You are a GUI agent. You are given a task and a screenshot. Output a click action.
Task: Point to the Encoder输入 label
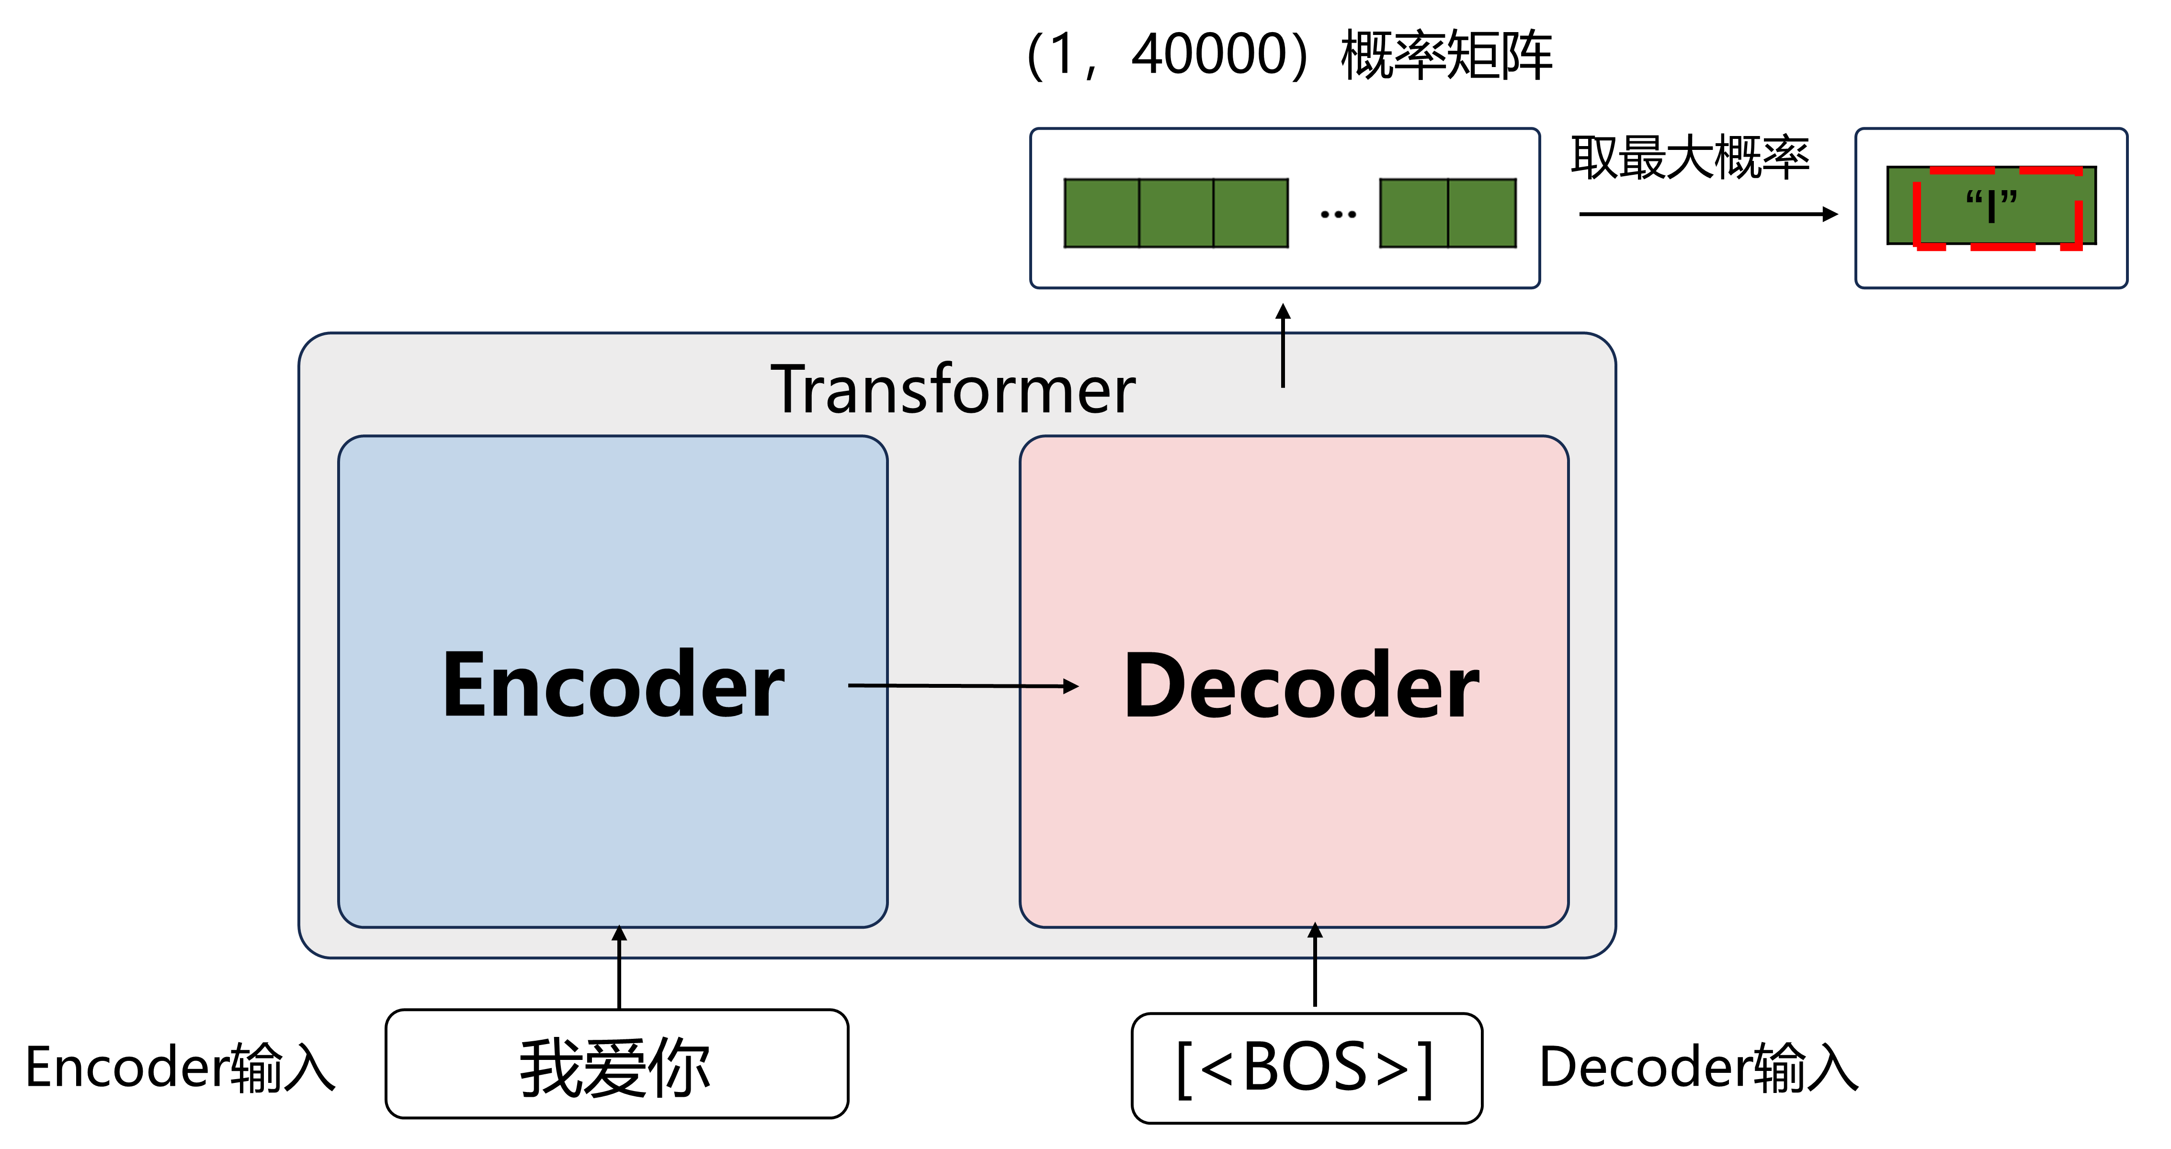[x=180, y=1067]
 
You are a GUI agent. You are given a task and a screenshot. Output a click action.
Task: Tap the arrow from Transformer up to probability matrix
[x=1283, y=346]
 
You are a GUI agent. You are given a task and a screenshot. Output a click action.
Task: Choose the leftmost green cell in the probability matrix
[x=1102, y=213]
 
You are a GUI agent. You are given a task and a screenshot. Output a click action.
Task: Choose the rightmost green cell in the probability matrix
[x=1482, y=213]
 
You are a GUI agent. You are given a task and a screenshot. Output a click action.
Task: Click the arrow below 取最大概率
[x=1706, y=214]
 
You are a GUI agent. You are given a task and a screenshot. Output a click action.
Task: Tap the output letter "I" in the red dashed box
[x=1990, y=205]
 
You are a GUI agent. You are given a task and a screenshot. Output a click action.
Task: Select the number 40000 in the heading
[x=1208, y=55]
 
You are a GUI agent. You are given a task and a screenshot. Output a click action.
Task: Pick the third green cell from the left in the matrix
[x=1250, y=213]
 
